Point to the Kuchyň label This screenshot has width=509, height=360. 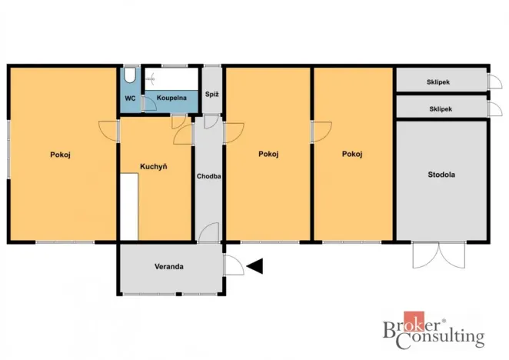coord(154,166)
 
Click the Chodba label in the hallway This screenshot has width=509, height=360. coord(209,176)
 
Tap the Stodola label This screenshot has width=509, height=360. coord(441,175)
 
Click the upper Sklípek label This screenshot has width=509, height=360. coord(439,81)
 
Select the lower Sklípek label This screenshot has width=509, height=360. coord(439,108)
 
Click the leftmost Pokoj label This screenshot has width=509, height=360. coord(61,155)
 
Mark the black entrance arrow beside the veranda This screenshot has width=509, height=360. coord(254,266)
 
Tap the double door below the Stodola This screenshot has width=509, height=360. coord(440,255)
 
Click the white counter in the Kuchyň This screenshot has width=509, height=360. coord(128,206)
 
